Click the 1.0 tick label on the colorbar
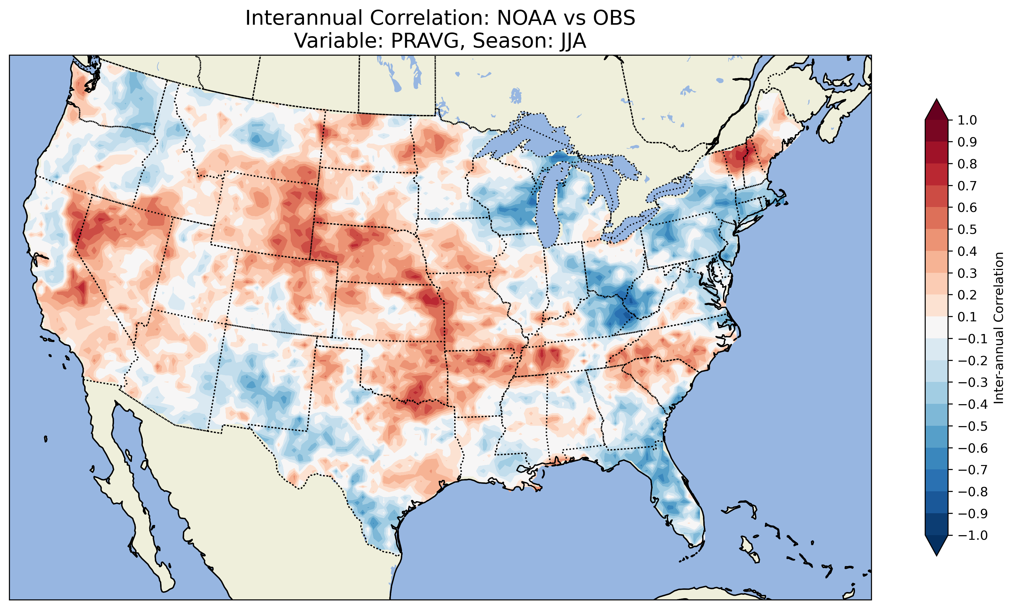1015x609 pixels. tap(967, 121)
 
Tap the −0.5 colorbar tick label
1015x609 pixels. tap(972, 426)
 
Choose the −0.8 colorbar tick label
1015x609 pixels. tap(972, 492)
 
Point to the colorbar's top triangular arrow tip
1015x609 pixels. tap(936, 100)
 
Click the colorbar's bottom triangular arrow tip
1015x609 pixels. tap(936, 555)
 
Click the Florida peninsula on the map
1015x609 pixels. tap(677, 505)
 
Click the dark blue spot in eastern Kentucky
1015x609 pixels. tap(620, 316)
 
